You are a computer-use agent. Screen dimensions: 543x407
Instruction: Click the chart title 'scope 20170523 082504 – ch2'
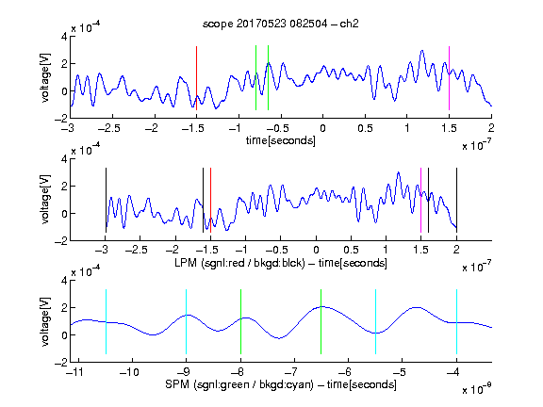[x=281, y=24]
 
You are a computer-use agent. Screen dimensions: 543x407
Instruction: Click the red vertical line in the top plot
[x=196, y=78]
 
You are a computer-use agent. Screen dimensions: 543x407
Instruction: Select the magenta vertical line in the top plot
[x=449, y=78]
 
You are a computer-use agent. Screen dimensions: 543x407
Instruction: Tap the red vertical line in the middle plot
[x=210, y=200]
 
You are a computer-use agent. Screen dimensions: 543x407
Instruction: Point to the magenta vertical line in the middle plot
[x=420, y=200]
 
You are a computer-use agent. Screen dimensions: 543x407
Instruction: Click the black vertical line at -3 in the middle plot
[x=106, y=200]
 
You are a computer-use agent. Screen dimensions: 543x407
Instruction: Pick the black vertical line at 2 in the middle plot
[x=456, y=200]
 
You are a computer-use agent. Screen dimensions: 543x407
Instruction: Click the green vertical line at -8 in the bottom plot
[x=240, y=321]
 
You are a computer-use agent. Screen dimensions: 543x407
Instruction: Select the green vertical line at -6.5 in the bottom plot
[x=321, y=321]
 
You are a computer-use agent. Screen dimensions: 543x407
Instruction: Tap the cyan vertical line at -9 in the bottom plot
[x=187, y=321]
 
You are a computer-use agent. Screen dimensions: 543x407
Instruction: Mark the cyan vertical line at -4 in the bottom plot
[x=456, y=321]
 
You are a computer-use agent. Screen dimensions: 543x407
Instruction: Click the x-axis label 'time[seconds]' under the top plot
[x=281, y=140]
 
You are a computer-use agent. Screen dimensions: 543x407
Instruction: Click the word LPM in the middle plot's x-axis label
[x=186, y=263]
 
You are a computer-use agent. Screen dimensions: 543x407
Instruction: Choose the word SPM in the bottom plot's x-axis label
[x=177, y=384]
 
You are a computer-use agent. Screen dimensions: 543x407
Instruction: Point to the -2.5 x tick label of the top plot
[x=108, y=128]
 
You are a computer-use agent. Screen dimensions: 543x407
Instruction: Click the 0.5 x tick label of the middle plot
[x=351, y=250]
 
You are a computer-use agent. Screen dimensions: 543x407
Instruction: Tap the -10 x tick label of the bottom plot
[x=129, y=372]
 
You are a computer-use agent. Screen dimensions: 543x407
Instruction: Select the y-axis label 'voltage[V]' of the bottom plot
[x=45, y=321]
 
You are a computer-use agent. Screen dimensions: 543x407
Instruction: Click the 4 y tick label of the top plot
[x=64, y=37]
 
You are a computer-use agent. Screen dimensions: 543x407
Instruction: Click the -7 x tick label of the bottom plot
[x=293, y=372]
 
